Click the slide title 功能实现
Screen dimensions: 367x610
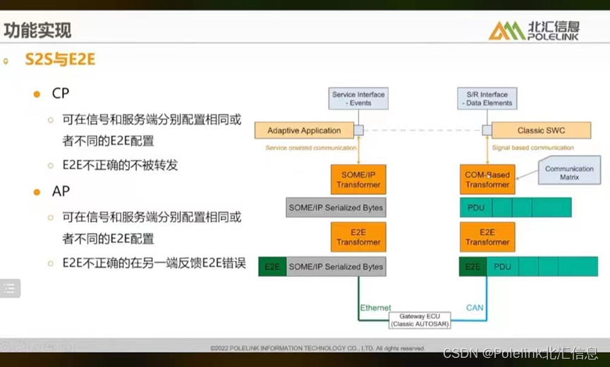point(37,30)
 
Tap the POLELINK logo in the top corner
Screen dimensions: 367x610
point(533,30)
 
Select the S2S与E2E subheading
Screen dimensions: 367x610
point(60,60)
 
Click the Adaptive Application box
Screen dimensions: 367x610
point(305,130)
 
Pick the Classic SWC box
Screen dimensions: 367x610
point(541,130)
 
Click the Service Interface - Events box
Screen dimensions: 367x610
point(358,99)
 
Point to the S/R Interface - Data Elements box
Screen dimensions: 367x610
point(487,99)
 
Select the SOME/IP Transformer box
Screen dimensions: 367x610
point(358,180)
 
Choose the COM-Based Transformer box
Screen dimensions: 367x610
point(487,180)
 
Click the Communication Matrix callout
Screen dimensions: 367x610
point(569,173)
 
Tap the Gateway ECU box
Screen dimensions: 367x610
point(420,320)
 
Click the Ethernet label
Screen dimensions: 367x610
point(375,308)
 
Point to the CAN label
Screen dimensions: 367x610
point(475,308)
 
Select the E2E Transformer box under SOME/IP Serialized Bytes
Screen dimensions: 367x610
point(358,237)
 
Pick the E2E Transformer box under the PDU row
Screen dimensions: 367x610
point(487,237)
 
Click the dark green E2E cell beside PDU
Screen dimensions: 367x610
point(472,267)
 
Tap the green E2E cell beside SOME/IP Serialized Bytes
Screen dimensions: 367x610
point(272,267)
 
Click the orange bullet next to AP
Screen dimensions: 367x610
point(37,192)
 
